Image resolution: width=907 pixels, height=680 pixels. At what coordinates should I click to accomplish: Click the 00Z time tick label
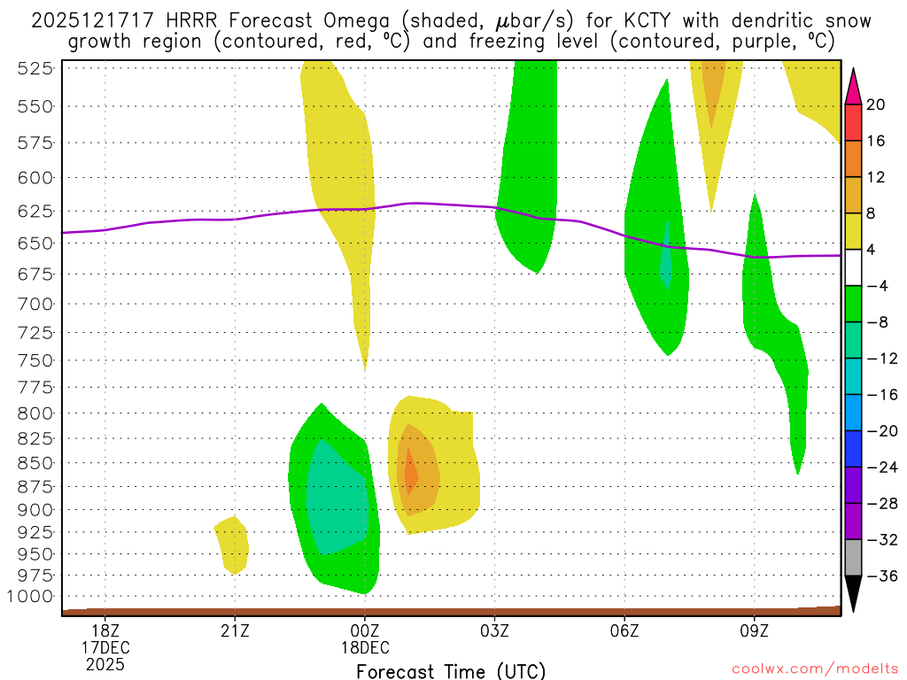tap(365, 630)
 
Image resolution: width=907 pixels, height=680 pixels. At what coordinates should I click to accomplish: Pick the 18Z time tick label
tap(105, 630)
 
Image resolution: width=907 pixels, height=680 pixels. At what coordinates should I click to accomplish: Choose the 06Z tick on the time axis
tap(624, 630)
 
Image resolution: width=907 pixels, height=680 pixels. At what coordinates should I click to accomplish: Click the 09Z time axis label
tap(755, 630)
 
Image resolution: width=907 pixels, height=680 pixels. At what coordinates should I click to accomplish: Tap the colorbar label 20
tap(876, 104)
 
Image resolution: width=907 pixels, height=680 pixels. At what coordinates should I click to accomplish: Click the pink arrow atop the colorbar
tap(853, 86)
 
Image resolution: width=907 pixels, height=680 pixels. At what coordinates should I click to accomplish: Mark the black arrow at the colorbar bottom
tap(853, 595)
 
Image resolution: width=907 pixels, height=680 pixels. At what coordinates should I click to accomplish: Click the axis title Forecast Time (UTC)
tap(451, 670)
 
